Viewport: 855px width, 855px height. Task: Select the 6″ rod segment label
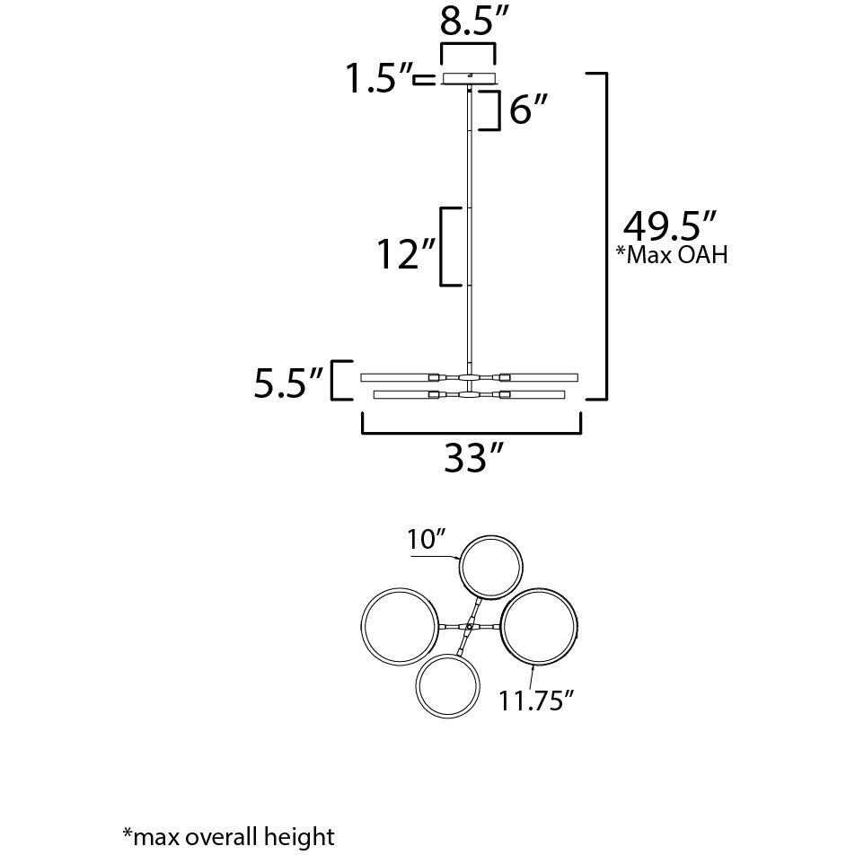click(526, 110)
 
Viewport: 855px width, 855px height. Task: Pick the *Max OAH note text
click(671, 256)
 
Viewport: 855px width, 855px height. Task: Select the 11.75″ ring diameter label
click(536, 700)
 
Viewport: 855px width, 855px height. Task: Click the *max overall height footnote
click(228, 837)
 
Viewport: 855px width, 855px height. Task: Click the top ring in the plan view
click(490, 565)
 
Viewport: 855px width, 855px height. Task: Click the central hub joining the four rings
click(470, 625)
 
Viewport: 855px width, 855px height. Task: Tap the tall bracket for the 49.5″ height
click(607, 235)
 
